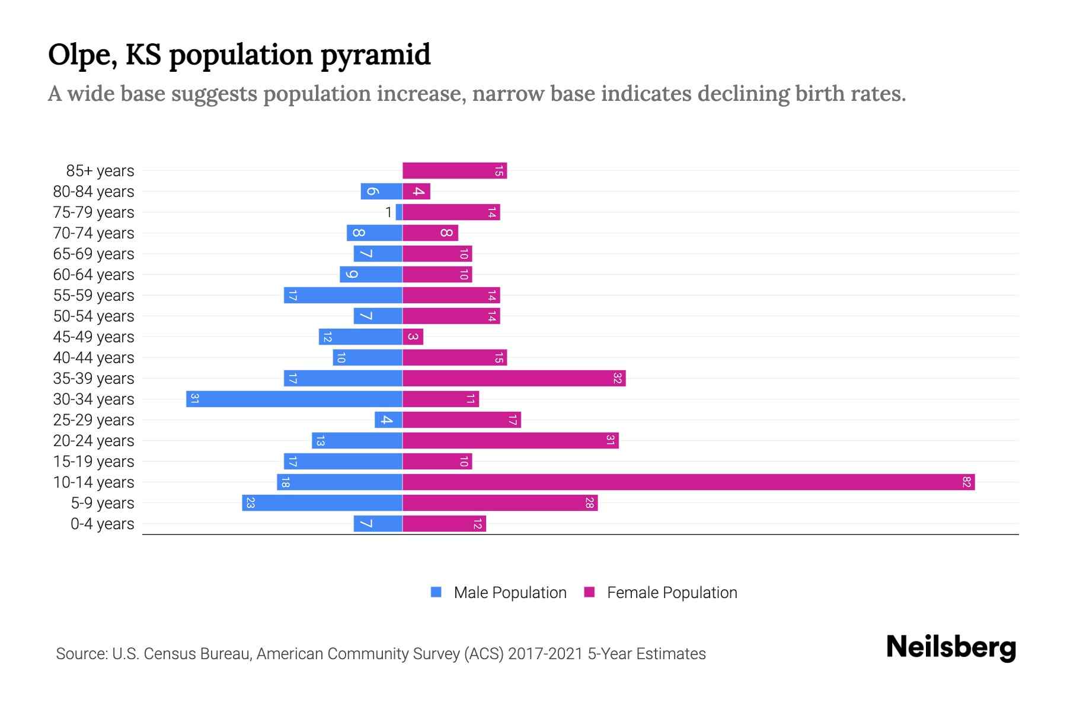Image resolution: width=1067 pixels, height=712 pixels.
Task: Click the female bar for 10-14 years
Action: (688, 482)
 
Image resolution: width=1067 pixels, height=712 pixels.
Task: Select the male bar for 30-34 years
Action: (294, 399)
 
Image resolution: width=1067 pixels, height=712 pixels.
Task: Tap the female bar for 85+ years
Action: (454, 170)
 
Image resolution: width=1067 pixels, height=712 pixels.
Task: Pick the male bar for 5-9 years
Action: (322, 503)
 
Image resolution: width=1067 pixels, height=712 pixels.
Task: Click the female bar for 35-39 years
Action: (513, 378)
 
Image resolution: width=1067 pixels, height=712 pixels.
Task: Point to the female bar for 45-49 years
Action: (413, 336)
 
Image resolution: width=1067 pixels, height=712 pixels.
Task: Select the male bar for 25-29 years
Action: (388, 419)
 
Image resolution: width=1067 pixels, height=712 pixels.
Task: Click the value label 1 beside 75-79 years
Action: (388, 212)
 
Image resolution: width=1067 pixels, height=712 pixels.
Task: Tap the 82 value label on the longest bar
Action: (966, 482)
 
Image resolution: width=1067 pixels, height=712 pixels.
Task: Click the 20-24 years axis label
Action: (94, 441)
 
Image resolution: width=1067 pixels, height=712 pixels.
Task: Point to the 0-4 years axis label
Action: (102, 524)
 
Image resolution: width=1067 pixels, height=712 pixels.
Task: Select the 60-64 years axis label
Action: (94, 275)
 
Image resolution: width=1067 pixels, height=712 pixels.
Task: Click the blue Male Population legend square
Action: (436, 592)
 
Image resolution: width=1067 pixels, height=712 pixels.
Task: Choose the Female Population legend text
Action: (672, 592)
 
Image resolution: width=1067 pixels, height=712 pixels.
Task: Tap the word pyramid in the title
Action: (376, 55)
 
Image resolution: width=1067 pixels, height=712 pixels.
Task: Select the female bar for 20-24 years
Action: (510, 440)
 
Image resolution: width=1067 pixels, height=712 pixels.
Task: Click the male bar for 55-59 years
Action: (343, 295)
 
